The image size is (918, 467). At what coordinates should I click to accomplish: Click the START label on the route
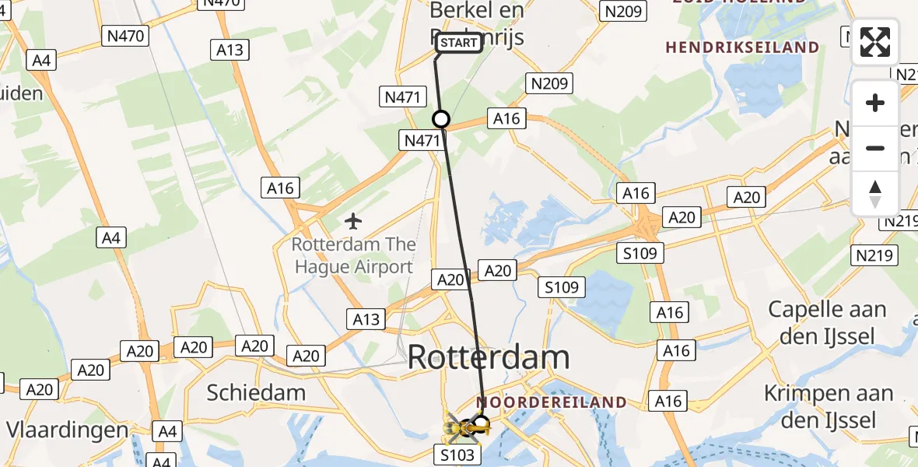459,43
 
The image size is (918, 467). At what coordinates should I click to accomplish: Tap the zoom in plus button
875,103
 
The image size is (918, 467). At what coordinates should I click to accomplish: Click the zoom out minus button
875,148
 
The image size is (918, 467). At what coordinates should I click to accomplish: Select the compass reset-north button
875,193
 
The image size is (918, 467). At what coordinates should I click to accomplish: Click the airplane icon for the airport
353,222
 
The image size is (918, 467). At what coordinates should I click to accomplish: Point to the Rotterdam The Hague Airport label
353,256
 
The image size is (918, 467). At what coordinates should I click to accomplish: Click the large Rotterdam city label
489,358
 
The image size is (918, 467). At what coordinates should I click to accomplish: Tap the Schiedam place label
256,392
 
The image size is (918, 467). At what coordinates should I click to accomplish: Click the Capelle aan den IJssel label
827,322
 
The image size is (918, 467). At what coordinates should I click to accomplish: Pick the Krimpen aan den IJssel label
828,407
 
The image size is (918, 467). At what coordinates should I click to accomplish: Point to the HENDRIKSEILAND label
742,47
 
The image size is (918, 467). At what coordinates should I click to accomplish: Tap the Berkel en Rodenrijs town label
477,23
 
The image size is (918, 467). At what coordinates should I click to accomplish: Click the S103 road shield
457,455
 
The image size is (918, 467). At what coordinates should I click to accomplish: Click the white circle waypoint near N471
441,119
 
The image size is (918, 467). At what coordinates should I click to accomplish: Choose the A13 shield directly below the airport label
366,319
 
